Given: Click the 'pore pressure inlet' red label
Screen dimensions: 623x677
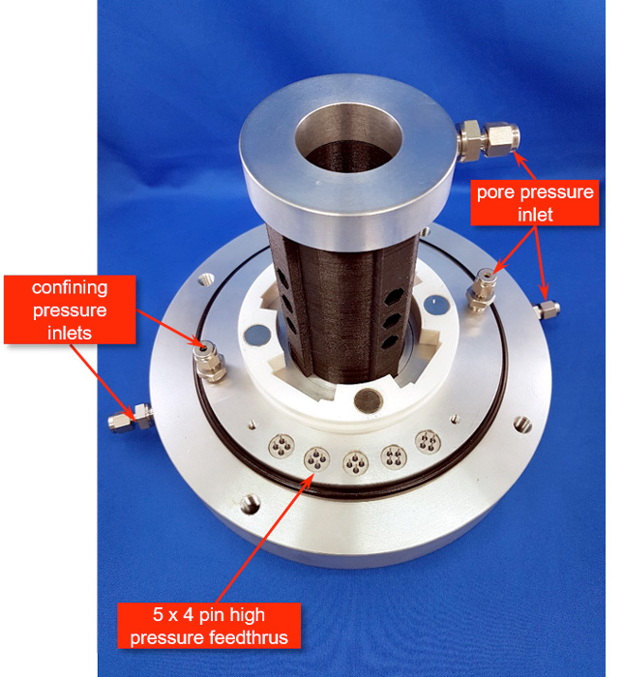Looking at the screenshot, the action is point(535,202).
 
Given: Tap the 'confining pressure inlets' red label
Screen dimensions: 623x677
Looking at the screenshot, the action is point(70,309).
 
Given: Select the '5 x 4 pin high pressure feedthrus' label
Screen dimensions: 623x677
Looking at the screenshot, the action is point(209,626).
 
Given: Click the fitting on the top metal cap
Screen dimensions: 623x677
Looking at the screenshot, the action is point(488,141).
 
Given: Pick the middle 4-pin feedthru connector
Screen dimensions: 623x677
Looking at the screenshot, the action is point(355,462).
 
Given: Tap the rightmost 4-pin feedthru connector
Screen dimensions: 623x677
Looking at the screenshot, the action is point(428,442).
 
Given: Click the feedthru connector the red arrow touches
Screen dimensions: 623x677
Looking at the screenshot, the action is point(317,459).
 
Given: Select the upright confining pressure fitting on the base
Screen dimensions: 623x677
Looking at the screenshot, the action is point(208,361).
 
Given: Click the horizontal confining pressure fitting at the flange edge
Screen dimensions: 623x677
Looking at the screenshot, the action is point(131,418).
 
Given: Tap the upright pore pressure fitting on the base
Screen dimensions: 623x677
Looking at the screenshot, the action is point(481,289).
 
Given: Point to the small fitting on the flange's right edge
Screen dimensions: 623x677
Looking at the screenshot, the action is point(547,309).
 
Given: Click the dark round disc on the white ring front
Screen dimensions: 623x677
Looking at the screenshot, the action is point(369,399).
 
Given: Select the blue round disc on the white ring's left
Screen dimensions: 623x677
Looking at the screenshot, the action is point(257,335).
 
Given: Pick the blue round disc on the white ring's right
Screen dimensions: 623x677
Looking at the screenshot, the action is point(436,305).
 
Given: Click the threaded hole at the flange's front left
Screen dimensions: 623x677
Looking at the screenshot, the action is point(250,504).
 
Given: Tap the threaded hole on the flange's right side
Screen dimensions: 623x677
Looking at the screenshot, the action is point(522,425).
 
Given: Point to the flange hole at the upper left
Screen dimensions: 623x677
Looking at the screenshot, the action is point(205,279).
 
